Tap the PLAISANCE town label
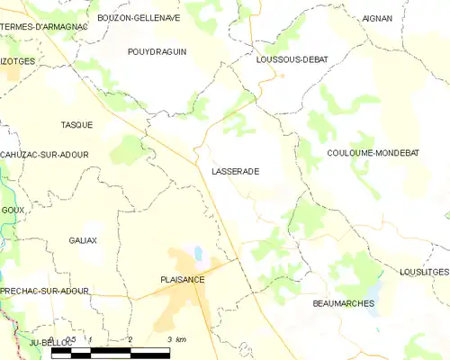pos(183,281)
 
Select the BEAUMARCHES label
pos(343,304)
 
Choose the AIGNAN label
pos(377,18)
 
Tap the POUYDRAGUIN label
pos(157,52)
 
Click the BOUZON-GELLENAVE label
pos(139,18)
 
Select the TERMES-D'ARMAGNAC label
pos(44,27)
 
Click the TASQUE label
pos(76,123)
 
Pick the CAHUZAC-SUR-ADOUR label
pos(45,155)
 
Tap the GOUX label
pos(13,210)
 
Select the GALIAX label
pos(83,241)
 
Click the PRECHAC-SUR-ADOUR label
pos(45,292)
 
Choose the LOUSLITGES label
pos(423,272)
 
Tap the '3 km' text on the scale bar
pos(175,339)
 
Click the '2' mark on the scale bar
pos(130,339)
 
